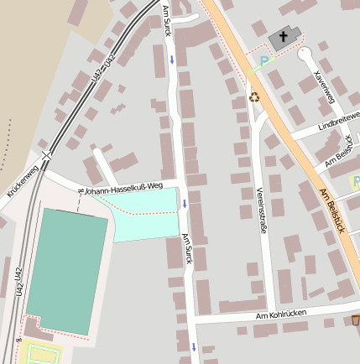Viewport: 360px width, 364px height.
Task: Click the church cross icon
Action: [x=284, y=37]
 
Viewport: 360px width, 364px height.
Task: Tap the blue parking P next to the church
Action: [x=265, y=60]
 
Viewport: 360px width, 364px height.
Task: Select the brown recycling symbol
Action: [x=254, y=96]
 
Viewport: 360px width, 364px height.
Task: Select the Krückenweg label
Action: [x=23, y=178]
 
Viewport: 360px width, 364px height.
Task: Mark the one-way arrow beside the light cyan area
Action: [x=185, y=203]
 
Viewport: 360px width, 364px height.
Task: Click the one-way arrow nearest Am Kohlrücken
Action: [x=193, y=346]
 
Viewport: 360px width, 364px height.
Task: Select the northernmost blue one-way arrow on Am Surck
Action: [x=171, y=59]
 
